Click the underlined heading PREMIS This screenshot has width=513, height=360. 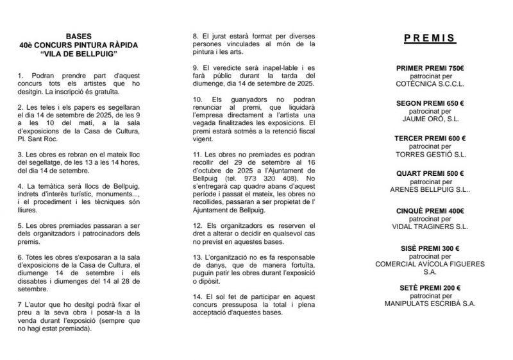pyautogui.click(x=430, y=39)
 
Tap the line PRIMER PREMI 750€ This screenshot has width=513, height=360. pyautogui.click(x=430, y=67)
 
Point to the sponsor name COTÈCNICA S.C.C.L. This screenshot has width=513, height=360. pyautogui.click(x=430, y=83)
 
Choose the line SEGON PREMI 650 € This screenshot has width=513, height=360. pyautogui.click(x=430, y=103)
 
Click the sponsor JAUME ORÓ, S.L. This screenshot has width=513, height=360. pyautogui.click(x=430, y=118)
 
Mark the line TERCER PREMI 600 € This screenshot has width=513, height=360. pyautogui.click(x=430, y=138)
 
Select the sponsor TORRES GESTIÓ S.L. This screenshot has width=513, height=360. pyautogui.click(x=430, y=154)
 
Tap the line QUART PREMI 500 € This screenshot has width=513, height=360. pyautogui.click(x=430, y=174)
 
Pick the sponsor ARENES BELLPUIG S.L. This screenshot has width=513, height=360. pyautogui.click(x=430, y=189)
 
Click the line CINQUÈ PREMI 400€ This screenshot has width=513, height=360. pyautogui.click(x=430, y=210)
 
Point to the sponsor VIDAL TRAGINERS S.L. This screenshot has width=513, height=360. pyautogui.click(x=430, y=226)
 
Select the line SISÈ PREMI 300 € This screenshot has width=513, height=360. pyautogui.click(x=430, y=248)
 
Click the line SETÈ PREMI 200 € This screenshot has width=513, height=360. pyautogui.click(x=430, y=287)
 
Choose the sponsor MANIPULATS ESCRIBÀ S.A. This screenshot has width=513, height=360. pyautogui.click(x=430, y=303)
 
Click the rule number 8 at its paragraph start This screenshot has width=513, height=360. pyautogui.click(x=195, y=37)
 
